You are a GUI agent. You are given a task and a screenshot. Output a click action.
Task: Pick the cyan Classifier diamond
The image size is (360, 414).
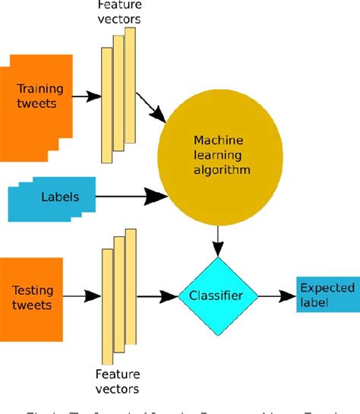coord(218,295)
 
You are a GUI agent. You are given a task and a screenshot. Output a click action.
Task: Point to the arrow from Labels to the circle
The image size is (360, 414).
coord(129,199)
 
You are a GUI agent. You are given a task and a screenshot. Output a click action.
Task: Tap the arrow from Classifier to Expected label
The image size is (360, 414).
coord(277,295)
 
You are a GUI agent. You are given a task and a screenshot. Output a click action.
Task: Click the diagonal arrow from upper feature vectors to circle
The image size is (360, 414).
coord(151,108)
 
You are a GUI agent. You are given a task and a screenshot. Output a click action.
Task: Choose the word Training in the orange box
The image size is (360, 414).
coord(36,90)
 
